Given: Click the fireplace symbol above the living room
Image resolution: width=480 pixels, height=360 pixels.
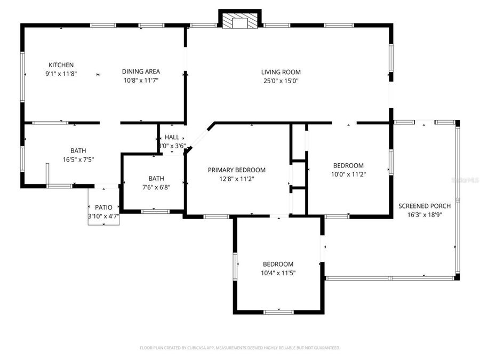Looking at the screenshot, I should (240, 21).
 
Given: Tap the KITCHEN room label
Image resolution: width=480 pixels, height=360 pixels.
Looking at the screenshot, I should (61, 65).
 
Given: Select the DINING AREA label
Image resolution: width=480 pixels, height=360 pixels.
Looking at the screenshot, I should (141, 71).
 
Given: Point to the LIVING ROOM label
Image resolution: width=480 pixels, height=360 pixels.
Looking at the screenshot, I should (281, 72).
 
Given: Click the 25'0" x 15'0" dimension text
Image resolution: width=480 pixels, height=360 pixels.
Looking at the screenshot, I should (281, 81).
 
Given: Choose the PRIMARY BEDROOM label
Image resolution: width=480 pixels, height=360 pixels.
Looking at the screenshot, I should (236, 170).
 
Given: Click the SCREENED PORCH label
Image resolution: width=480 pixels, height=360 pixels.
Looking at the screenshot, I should (425, 206).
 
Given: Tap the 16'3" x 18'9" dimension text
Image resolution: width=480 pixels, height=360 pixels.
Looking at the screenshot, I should (425, 215).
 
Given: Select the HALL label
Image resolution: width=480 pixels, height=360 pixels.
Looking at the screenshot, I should (172, 137).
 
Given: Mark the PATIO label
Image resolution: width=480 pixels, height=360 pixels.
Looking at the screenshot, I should (103, 207).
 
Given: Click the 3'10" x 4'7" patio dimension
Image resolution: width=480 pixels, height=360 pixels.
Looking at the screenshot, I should (103, 216).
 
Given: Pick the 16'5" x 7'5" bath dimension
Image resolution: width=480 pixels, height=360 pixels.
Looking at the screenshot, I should (78, 159).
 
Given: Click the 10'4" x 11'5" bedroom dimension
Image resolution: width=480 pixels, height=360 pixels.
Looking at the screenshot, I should (278, 273).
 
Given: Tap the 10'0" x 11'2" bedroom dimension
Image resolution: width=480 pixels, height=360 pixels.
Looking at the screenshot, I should (348, 174).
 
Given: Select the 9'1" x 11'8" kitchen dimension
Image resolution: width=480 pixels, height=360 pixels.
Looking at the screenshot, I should (61, 74).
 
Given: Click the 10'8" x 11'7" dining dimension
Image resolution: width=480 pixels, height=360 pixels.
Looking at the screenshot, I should (141, 81).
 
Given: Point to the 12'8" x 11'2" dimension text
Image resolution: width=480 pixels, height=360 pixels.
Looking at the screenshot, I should (236, 179).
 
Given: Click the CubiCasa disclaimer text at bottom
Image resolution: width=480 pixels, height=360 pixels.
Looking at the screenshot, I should (239, 348).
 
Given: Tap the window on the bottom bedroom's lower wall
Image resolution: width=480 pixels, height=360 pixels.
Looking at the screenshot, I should (278, 312).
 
